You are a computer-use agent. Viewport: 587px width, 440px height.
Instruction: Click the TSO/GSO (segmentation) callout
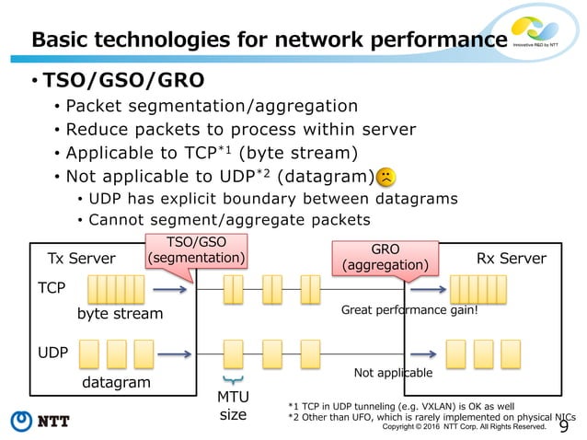point(197,251)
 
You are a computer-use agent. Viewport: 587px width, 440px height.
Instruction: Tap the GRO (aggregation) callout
point(385,258)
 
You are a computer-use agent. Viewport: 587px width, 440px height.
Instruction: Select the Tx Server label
point(81,258)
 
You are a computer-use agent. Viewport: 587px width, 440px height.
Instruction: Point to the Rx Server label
point(511,258)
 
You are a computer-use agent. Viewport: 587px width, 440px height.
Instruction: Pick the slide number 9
point(563,423)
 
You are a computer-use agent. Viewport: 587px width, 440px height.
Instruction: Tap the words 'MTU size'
point(233,406)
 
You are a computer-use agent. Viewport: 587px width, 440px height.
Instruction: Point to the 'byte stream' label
point(120,314)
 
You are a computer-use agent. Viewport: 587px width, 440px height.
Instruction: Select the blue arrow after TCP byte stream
point(171,289)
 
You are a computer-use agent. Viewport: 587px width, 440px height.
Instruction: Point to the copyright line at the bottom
point(464,427)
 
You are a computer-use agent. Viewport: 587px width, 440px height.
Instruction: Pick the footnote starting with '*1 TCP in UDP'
point(401,405)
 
